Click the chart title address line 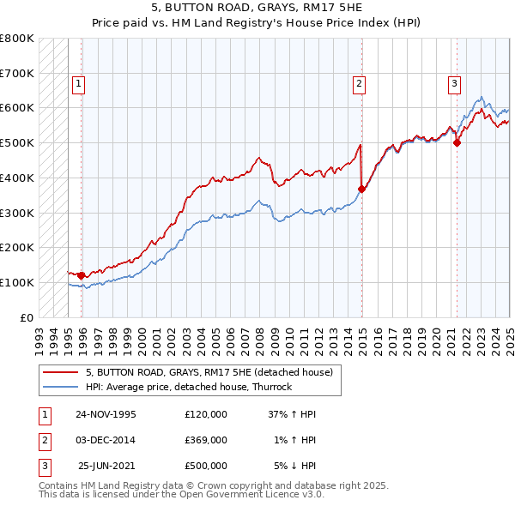257,8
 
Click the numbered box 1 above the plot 78,83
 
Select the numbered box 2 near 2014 358,83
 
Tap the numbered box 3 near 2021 453,83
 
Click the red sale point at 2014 362,189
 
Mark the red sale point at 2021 457,143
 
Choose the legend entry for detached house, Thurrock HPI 189,387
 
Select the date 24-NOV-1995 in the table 106,414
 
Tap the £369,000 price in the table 206,440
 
